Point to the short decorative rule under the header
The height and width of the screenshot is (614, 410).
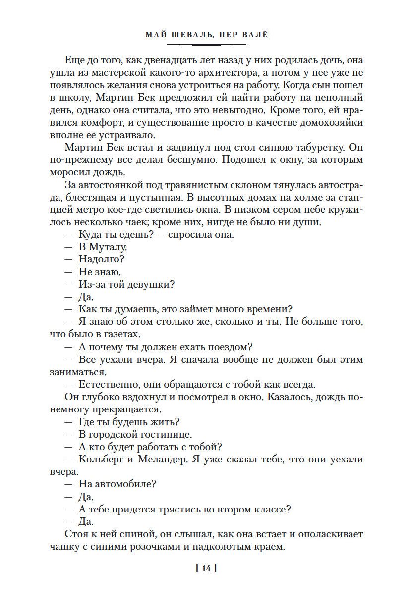coord(206,44)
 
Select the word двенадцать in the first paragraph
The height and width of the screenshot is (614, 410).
coord(149,60)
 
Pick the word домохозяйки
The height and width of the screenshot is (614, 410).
coord(332,122)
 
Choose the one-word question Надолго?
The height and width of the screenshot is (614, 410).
coord(101,259)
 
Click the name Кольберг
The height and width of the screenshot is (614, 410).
coord(101,459)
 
